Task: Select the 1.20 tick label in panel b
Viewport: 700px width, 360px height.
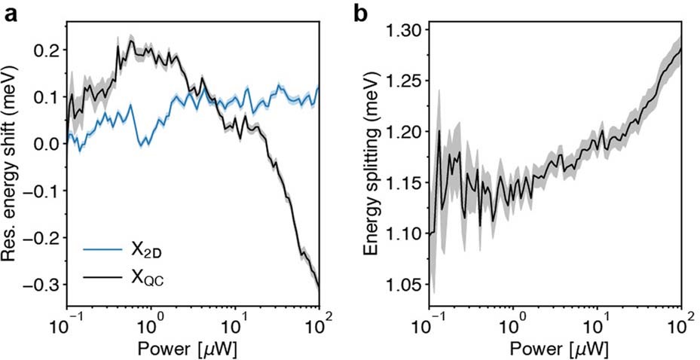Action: (x=406, y=132)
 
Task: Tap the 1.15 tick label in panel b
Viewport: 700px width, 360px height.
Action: (x=406, y=183)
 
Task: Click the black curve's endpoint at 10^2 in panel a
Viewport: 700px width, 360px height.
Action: (x=319, y=288)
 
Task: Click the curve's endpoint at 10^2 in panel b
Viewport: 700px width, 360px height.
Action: (x=681, y=48)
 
